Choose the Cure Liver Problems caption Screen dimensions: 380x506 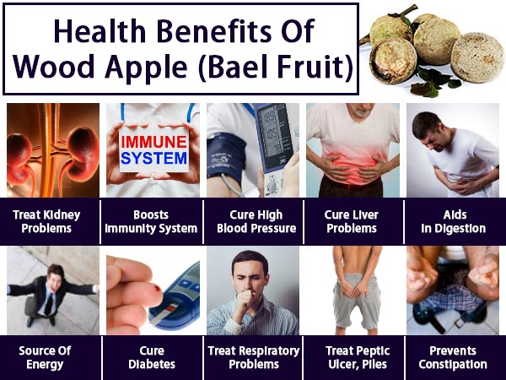click(x=353, y=220)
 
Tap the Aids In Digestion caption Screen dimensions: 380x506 click(x=454, y=220)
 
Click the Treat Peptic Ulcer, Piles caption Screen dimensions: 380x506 click(x=353, y=357)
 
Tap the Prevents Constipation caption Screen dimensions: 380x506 click(x=454, y=357)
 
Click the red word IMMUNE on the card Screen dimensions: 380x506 click(x=152, y=142)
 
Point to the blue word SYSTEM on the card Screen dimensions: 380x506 click(x=152, y=158)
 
